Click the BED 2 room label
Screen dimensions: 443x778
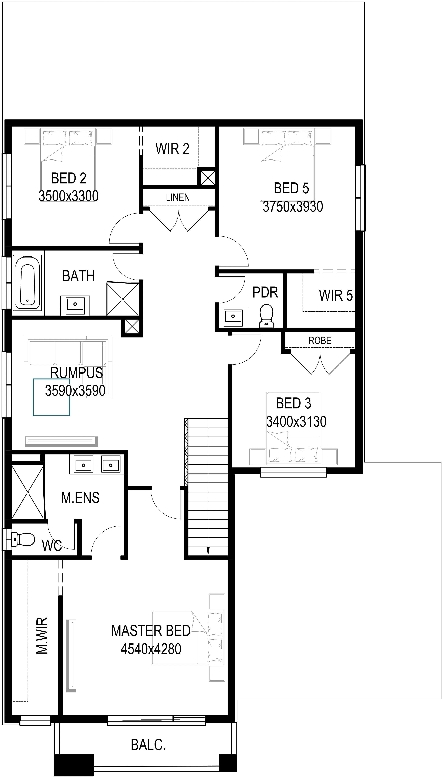point(69,178)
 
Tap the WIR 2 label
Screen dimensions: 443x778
point(172,149)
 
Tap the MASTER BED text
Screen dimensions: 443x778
point(151,630)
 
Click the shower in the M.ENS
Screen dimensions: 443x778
point(28,492)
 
